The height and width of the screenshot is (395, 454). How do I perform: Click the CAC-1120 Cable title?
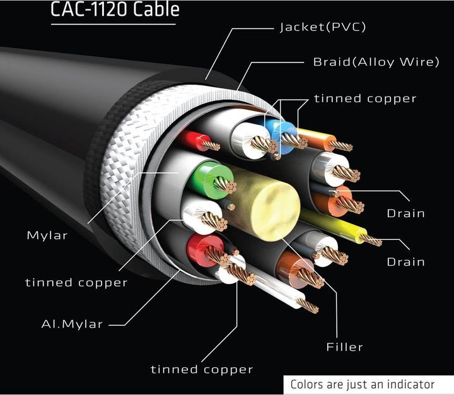[x=115, y=9]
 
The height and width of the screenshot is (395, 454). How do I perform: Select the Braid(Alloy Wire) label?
[x=376, y=62]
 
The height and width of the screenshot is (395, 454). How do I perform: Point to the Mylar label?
[x=47, y=235]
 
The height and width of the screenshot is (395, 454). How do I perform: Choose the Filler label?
[x=344, y=346]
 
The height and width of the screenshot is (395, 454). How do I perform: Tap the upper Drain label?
[x=406, y=213]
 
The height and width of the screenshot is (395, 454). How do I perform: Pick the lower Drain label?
[x=406, y=261]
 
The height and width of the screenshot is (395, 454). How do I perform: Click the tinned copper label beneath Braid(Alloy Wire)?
[x=365, y=98]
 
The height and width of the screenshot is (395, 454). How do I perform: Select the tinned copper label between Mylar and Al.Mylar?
[x=76, y=282]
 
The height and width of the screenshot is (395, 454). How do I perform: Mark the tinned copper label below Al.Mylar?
[x=201, y=369]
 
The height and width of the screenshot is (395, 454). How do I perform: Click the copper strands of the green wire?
[x=225, y=184]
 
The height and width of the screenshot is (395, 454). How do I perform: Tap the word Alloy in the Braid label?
[x=391, y=62]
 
